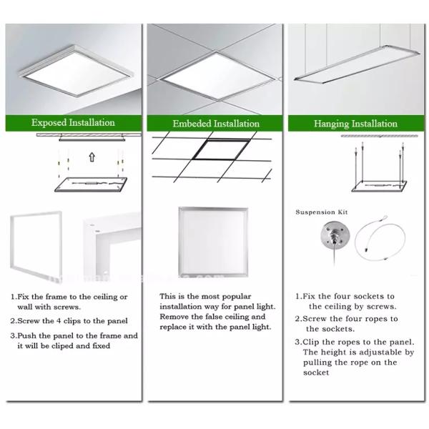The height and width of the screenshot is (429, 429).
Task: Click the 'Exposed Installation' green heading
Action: [72, 123]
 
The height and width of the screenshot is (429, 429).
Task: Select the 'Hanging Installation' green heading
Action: [355, 123]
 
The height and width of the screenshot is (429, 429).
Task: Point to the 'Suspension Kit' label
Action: [320, 212]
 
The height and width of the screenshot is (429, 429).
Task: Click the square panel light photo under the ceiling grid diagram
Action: [212, 242]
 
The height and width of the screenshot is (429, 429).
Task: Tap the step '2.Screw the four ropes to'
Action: [347, 319]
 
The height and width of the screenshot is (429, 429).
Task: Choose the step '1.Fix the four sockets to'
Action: [345, 296]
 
